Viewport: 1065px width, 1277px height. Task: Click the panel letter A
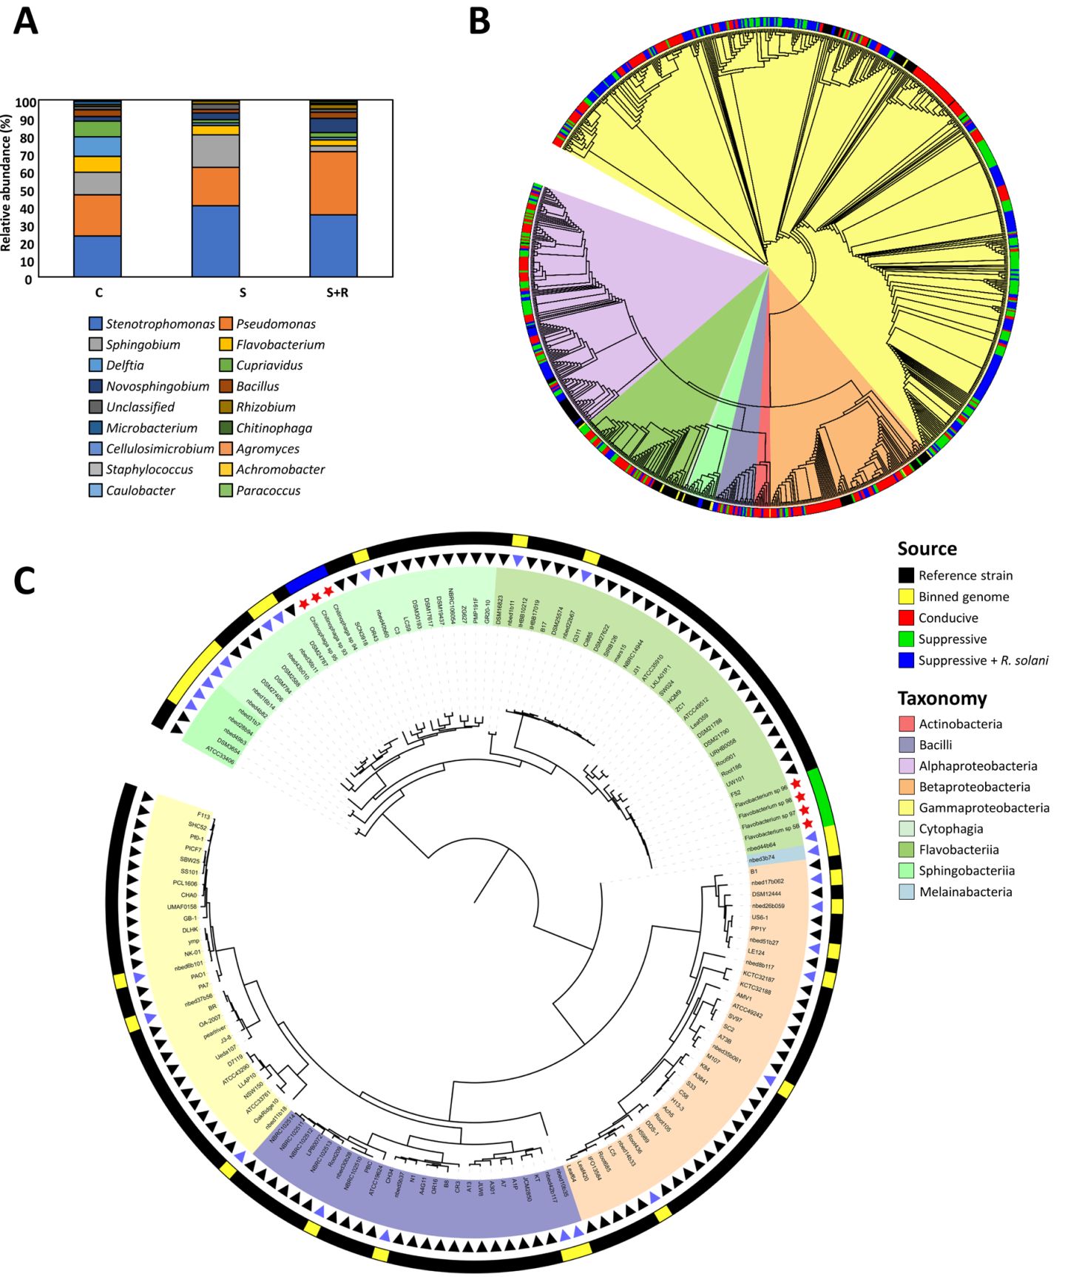26,21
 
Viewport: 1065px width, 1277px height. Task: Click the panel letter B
479,21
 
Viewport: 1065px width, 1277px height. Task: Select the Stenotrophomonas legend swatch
95,324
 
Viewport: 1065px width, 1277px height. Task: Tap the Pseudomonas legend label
276,324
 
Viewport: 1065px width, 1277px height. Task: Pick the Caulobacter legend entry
141,490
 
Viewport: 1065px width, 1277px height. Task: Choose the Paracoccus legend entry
268,490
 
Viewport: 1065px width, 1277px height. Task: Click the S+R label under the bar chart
337,293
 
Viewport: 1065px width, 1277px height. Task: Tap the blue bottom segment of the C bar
97,257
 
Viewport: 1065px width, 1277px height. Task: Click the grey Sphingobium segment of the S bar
215,152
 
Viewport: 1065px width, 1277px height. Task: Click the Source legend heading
927,549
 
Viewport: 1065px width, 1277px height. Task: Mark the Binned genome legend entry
964,597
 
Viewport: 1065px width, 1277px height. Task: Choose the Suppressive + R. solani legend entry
983,660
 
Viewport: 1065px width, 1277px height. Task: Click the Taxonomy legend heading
941,699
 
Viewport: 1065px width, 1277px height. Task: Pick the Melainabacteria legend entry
965,892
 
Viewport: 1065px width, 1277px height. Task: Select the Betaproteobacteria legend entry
974,787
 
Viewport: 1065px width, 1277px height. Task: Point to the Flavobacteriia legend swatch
906,850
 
